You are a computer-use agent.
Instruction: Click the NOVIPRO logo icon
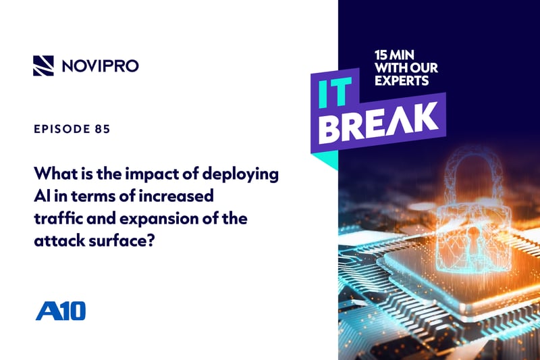(44, 65)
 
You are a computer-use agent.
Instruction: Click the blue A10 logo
(60, 311)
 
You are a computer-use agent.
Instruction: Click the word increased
(173, 196)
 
